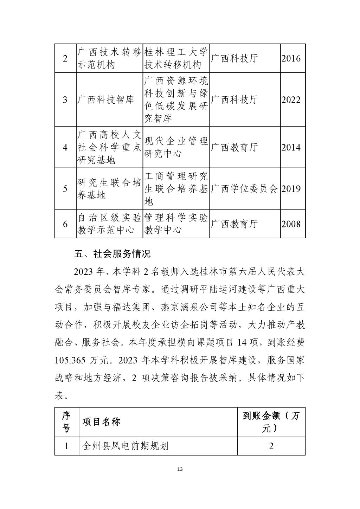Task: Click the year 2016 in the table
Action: (291, 58)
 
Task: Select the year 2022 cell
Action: (291, 100)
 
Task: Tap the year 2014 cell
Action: (291, 147)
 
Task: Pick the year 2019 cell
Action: (291, 189)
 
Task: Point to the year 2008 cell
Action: (291, 224)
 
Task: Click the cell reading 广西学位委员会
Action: (244, 189)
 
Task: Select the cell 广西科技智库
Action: (106, 100)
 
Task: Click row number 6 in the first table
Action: (65, 224)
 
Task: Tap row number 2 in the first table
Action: (65, 58)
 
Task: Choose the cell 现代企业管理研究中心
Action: (176, 147)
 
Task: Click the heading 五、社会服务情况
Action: (112, 254)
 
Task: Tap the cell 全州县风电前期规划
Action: (125, 446)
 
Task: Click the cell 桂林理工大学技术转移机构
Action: (176, 58)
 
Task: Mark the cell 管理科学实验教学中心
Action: (176, 224)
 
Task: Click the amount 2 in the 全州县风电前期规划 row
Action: (271, 446)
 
